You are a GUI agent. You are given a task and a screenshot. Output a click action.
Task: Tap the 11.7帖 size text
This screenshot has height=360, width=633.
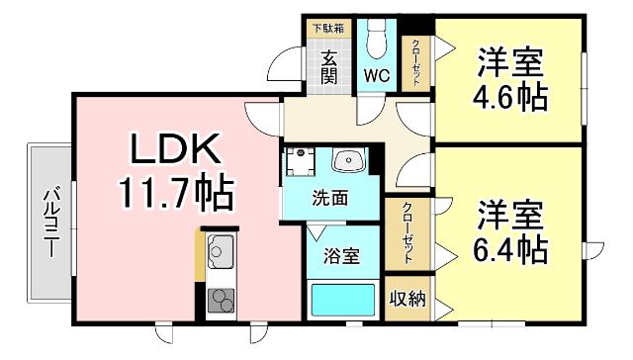[x=175, y=191]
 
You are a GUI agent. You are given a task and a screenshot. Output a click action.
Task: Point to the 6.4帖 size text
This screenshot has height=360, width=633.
[x=509, y=247]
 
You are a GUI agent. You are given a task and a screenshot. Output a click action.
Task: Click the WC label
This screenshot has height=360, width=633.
[x=376, y=75]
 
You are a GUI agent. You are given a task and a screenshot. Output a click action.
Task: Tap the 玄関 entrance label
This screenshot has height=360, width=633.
[x=330, y=66]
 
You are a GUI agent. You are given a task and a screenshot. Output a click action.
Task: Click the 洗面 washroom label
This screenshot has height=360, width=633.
[x=331, y=198]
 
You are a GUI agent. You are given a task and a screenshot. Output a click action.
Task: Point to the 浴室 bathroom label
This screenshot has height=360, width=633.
[x=342, y=254]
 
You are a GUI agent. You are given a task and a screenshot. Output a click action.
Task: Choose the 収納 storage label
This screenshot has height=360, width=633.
[x=407, y=298]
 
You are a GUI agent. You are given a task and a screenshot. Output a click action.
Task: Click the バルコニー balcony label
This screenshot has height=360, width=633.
[x=48, y=221]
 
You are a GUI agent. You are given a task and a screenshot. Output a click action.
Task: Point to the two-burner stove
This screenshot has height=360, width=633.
[x=221, y=299]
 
